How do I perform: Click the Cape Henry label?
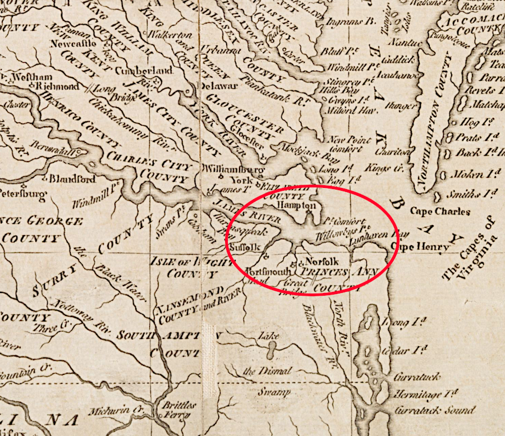click(424, 247)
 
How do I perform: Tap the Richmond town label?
click(58, 87)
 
